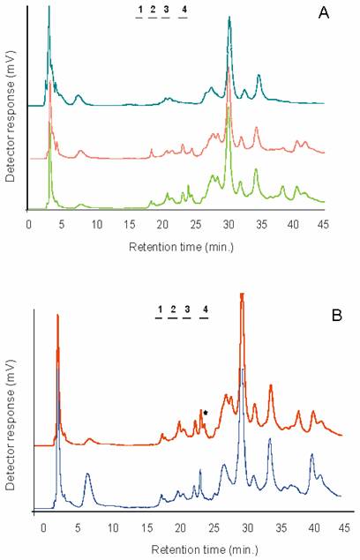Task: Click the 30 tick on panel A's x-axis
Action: pos(229,224)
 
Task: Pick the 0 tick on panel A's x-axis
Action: pos(30,224)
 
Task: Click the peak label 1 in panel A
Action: pos(139,10)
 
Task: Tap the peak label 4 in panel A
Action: pos(184,10)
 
